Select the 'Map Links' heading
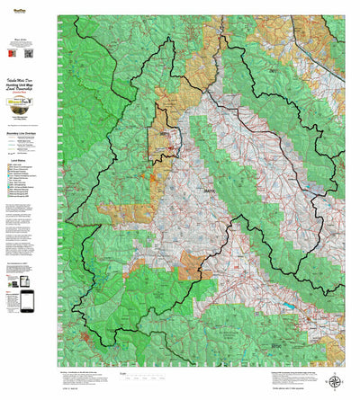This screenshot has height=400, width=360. [30, 40]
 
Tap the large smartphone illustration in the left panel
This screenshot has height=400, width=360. [27, 301]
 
